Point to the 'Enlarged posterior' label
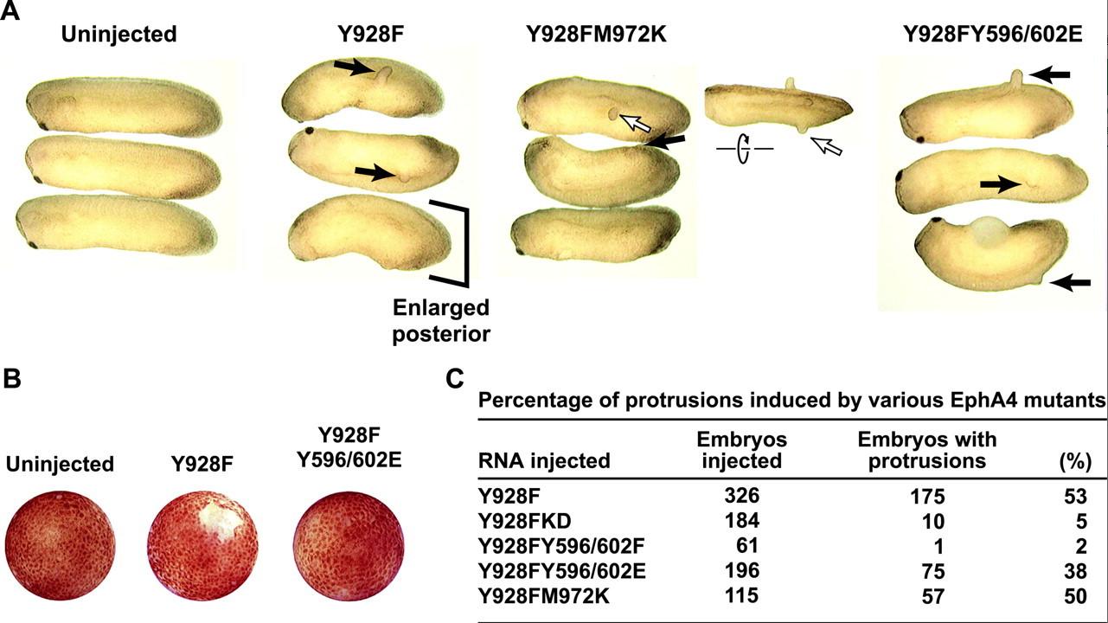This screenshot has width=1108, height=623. point(441,320)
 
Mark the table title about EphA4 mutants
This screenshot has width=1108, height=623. point(792,401)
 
